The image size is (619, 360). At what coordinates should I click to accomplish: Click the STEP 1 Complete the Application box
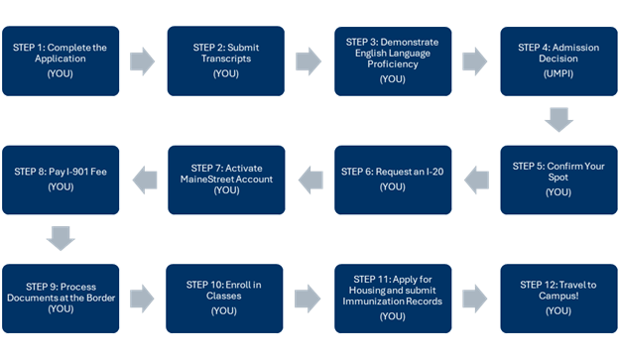(x=62, y=60)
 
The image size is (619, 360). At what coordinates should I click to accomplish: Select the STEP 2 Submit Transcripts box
(x=226, y=60)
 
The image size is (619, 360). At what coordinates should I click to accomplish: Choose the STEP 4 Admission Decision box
(x=557, y=60)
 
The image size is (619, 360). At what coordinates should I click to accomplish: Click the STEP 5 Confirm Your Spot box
(x=557, y=180)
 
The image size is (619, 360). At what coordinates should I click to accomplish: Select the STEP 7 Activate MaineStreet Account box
(x=226, y=180)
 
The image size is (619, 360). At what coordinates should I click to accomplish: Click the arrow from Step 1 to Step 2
(x=144, y=60)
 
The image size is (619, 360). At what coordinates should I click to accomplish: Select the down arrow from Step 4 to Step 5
(x=558, y=121)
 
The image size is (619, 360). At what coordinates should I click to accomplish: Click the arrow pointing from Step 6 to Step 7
(x=309, y=180)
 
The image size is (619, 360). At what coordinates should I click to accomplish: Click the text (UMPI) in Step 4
(x=557, y=74)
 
